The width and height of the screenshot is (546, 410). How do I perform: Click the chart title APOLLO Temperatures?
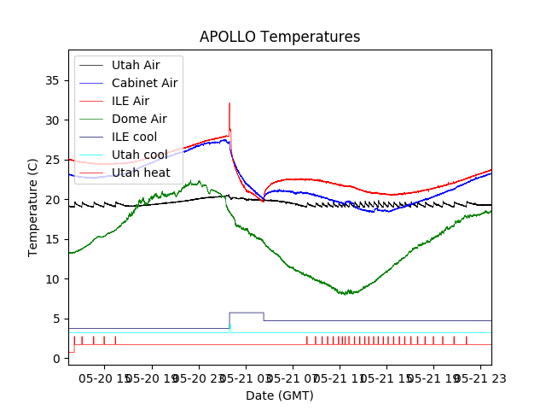(x=280, y=37)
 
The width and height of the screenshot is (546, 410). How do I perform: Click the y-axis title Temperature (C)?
(x=33, y=207)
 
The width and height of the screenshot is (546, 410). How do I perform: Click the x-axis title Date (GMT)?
(x=280, y=395)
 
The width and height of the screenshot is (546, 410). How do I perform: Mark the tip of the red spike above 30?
(x=229, y=103)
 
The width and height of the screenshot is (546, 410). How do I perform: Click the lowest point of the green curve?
(x=346, y=295)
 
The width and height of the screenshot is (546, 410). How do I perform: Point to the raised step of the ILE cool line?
(x=246, y=313)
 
